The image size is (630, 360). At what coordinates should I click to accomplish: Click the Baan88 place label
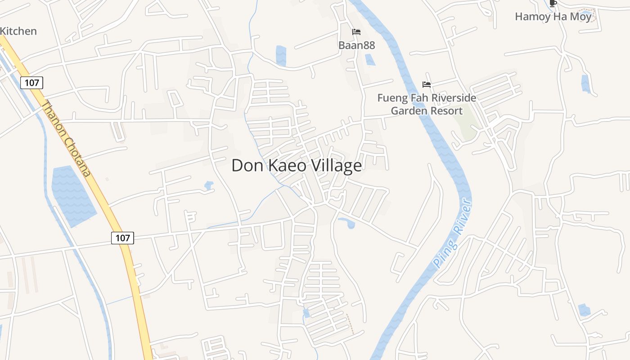coord(356,45)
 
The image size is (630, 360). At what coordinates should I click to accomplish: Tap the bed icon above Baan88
coord(356,32)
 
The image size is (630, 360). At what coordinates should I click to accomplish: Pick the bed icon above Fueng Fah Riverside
coord(427,84)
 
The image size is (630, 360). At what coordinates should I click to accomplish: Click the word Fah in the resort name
coord(422,98)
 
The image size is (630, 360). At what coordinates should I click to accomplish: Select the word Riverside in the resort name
coord(454,98)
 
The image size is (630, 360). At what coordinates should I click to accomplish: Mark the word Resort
coord(446,111)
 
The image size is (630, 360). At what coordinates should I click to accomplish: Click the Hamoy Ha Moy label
coord(553,17)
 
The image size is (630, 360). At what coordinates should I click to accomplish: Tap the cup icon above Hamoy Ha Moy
coord(553,3)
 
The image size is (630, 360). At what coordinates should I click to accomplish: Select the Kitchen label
coord(18,31)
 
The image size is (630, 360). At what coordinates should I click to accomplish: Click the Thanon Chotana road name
coord(67,138)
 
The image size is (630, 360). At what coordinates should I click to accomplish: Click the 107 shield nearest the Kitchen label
coord(31,83)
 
